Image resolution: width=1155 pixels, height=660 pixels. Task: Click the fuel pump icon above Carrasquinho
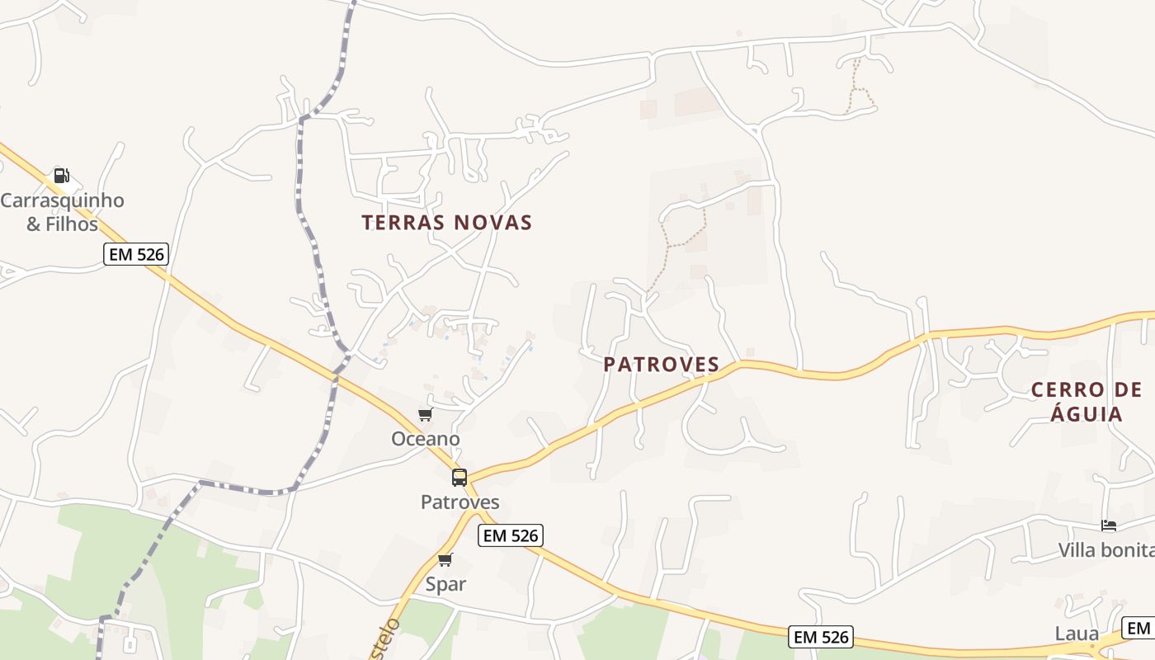(61, 175)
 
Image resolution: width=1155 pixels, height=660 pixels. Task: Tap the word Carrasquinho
(62, 200)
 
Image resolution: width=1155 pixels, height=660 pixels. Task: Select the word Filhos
(73, 224)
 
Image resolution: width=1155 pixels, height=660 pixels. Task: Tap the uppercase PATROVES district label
(661, 365)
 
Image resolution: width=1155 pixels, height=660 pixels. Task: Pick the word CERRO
(1068, 390)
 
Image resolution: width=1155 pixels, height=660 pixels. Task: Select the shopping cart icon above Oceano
(425, 414)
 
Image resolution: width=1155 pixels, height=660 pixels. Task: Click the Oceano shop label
(425, 439)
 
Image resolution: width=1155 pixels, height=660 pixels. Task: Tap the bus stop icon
(460, 477)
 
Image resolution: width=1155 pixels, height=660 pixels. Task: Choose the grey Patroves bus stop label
(460, 502)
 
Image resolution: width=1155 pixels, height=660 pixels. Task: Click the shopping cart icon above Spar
(445, 559)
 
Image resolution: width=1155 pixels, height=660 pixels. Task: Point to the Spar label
(445, 584)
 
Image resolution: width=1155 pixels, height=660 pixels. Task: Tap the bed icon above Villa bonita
(1109, 525)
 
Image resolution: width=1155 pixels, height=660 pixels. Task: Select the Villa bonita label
(1106, 550)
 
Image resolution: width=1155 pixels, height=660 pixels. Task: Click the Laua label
(1077, 634)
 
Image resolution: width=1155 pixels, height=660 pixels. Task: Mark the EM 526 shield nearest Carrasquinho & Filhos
(136, 254)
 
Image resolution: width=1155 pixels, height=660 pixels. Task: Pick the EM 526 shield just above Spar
(511, 535)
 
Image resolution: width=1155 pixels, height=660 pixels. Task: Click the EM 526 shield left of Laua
(820, 637)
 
